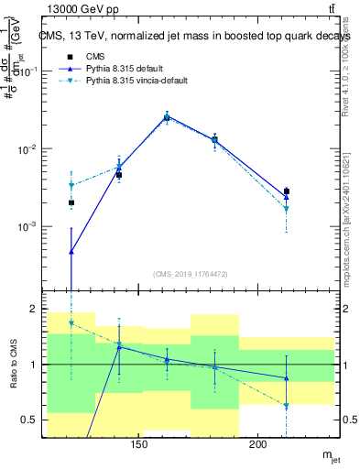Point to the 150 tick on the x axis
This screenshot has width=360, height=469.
click(x=139, y=444)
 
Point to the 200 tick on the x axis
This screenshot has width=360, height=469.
click(x=258, y=444)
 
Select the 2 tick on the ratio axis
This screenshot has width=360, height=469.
click(x=33, y=310)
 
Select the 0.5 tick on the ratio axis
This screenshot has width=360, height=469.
click(x=29, y=420)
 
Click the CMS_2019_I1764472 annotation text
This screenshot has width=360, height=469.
click(x=191, y=273)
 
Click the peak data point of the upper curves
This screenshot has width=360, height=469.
click(x=167, y=116)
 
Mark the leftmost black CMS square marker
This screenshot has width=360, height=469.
click(x=71, y=202)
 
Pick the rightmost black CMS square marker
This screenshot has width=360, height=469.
click(x=287, y=192)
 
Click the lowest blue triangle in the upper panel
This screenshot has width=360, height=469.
click(x=71, y=251)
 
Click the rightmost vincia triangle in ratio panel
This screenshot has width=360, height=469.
click(x=287, y=405)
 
